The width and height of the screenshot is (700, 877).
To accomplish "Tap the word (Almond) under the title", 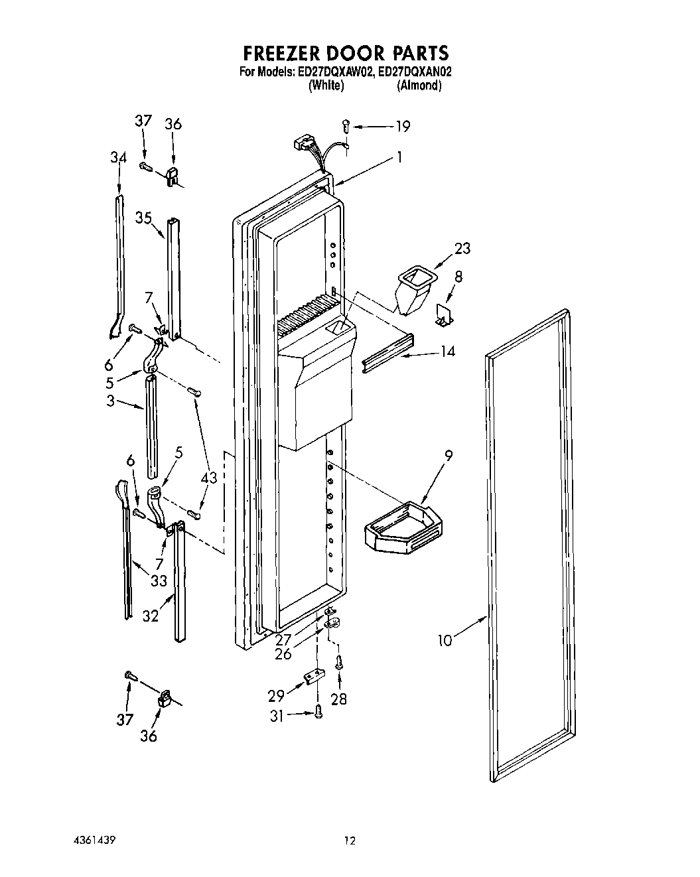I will pos(419,86).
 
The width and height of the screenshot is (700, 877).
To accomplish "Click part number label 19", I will pos(402,126).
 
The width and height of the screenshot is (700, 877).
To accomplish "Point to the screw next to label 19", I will pos(346,124).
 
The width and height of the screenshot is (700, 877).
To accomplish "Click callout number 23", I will pos(462,248).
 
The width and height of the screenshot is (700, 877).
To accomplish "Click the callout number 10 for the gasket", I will pos(446,640).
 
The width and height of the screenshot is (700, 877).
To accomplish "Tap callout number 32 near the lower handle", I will pos(151,616).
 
